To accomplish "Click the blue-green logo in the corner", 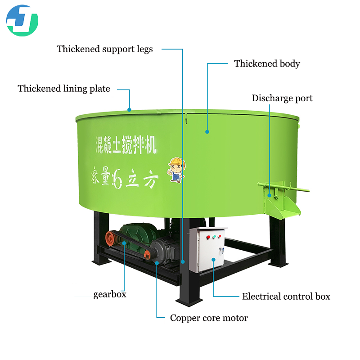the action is click(x=22, y=20).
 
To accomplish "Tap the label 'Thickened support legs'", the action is click(x=104, y=49).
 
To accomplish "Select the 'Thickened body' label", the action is click(x=267, y=63).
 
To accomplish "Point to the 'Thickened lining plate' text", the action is click(x=64, y=89).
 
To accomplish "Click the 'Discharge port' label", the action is click(x=282, y=98).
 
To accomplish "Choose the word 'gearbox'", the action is click(x=110, y=295).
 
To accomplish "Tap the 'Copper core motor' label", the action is click(x=209, y=318).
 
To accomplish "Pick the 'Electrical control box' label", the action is click(x=286, y=297).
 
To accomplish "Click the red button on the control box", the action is click(x=207, y=238).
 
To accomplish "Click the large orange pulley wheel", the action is click(x=109, y=238).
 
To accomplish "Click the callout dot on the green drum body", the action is click(x=207, y=132).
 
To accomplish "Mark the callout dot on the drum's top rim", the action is click(x=130, y=109).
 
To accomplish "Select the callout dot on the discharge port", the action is click(x=270, y=195).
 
